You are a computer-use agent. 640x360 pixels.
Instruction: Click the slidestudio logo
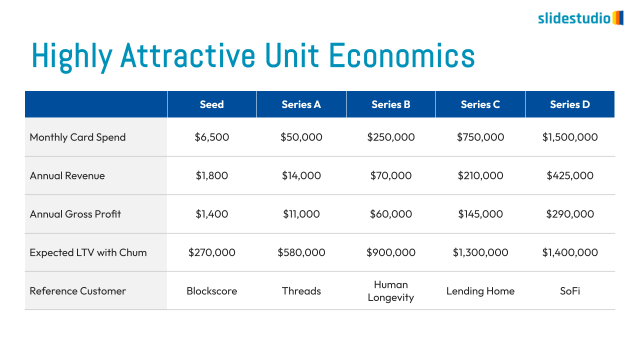pos(580,18)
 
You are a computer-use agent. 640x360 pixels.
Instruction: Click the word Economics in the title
pos(402,55)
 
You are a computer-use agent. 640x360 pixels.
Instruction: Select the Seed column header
pos(211,104)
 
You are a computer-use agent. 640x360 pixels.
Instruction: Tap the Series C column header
pos(480,104)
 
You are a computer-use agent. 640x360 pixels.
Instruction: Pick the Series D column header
pos(569,104)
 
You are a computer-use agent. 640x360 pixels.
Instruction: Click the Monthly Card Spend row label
pos(77,137)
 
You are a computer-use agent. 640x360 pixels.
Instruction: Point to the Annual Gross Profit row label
pos(75,214)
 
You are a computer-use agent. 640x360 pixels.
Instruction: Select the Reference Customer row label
pos(77,291)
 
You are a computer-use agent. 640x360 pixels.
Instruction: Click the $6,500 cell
pos(211,137)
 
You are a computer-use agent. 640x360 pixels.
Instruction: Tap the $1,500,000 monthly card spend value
pos(569,137)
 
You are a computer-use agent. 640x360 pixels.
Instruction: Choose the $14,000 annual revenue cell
pos(301,175)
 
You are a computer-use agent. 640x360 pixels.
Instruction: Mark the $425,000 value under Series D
pos(569,175)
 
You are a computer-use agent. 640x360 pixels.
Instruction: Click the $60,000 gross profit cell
pos(390,214)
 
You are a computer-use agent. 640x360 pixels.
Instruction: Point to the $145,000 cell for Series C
pos(480,214)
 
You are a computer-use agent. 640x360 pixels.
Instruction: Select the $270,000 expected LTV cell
pos(211,252)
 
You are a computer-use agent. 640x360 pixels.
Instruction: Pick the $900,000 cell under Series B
pos(390,252)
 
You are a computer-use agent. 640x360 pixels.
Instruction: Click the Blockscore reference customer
pos(211,291)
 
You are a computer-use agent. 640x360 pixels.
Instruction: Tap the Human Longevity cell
pos(390,291)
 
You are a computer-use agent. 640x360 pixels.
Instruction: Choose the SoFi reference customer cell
pos(569,291)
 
